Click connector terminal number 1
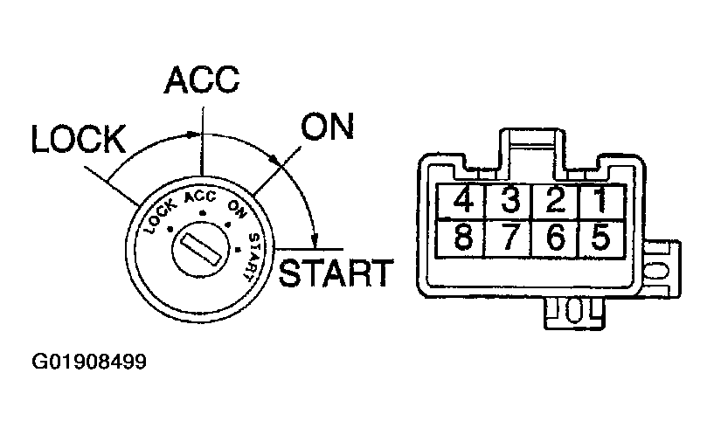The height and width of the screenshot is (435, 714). (600, 202)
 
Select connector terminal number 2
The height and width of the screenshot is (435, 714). (555, 202)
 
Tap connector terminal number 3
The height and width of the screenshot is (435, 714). (510, 202)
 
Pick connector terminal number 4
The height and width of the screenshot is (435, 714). (464, 202)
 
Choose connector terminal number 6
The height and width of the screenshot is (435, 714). (555, 238)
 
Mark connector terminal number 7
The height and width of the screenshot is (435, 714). (510, 238)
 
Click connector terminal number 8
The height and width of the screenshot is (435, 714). (464, 238)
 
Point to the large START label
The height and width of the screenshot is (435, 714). (336, 273)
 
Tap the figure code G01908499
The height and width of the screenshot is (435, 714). (89, 361)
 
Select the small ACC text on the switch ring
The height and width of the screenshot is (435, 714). (200, 197)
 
